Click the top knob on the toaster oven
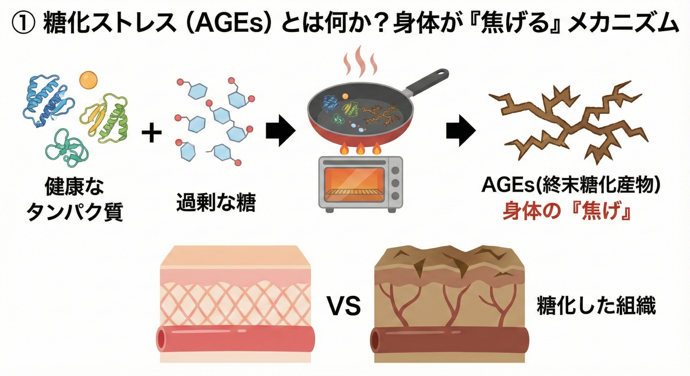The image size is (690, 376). pos(395,170)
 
